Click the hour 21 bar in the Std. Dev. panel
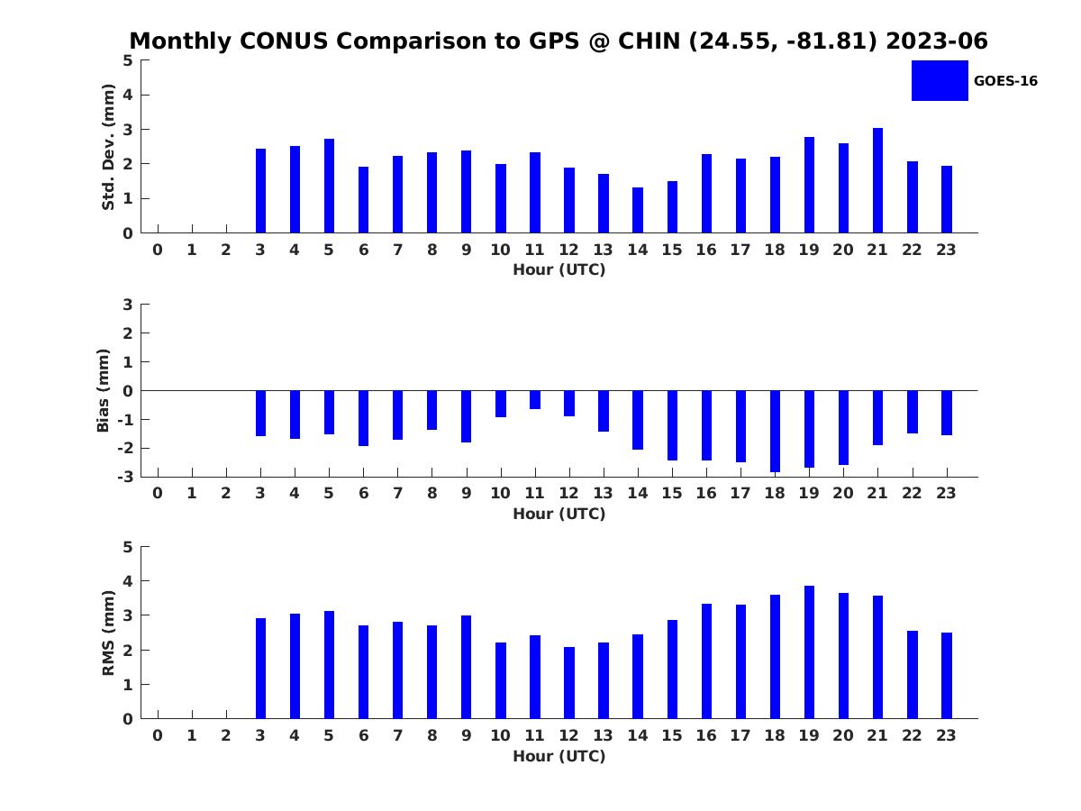coord(877,180)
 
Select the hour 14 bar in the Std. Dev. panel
coord(637,210)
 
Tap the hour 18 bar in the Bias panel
coord(775,432)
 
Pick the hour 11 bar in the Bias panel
coord(535,400)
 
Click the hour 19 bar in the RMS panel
coord(809,652)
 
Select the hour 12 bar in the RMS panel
coord(568,683)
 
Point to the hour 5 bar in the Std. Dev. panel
coord(329,186)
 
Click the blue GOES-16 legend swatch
coord(940,81)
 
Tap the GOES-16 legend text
coord(1005,81)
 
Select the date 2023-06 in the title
coord(936,41)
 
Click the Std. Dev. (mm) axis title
coord(108,147)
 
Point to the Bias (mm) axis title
coord(103,390)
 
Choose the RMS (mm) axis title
coord(108,633)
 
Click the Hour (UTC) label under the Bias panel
coord(559,514)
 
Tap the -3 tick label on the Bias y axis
coord(125,477)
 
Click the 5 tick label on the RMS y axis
coord(128,547)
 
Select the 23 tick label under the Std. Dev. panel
coord(946,251)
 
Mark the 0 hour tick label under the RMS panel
coord(158,735)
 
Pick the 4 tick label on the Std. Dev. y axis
coord(128,95)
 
